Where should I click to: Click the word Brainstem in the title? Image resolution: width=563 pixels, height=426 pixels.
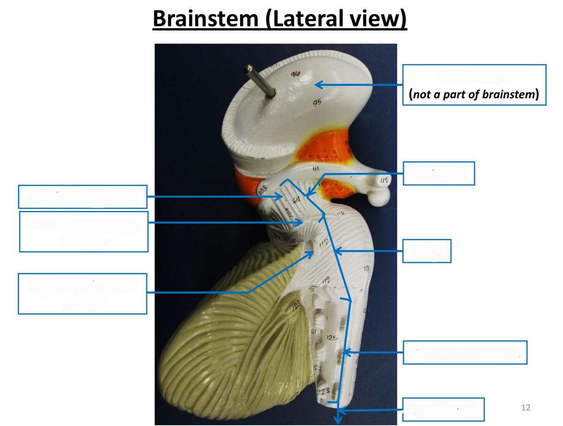[205, 19]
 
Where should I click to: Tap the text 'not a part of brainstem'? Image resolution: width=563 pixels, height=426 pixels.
[474, 94]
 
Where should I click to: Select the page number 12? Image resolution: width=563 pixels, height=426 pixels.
[525, 407]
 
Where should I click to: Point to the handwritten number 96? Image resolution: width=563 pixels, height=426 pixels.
[295, 74]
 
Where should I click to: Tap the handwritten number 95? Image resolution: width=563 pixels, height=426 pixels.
[317, 102]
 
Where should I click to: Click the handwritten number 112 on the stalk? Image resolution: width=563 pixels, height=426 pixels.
[384, 181]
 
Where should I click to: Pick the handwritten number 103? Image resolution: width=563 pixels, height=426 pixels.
[263, 190]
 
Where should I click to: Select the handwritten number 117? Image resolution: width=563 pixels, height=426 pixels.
[324, 243]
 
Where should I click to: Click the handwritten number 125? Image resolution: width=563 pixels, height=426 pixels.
[332, 337]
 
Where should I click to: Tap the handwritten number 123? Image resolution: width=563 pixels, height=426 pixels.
[324, 391]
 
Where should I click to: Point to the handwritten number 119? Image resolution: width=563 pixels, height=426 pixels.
[326, 280]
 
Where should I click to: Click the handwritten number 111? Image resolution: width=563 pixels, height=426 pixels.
[315, 169]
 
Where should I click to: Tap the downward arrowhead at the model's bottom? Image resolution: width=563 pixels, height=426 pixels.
[338, 420]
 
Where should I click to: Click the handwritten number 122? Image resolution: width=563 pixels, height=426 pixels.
[318, 368]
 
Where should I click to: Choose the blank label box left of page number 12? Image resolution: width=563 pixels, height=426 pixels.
[443, 409]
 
